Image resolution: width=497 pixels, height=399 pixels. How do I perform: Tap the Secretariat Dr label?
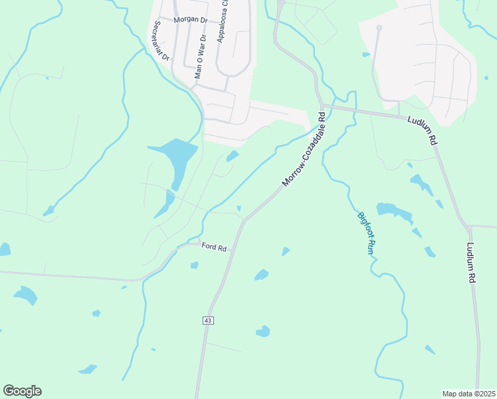[161, 41]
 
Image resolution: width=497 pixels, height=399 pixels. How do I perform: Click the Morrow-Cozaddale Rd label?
[304, 148]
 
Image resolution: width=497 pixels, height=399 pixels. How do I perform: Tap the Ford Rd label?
[214, 248]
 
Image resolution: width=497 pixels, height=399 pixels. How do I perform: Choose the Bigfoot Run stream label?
[366, 233]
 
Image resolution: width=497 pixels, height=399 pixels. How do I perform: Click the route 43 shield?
[208, 321]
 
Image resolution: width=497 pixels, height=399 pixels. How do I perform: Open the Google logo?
[22, 391]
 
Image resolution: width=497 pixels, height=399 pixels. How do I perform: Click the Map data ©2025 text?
[468, 393]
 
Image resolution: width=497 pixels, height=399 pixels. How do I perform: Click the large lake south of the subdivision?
[176, 157]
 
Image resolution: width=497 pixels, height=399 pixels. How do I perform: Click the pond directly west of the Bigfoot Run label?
[262, 274]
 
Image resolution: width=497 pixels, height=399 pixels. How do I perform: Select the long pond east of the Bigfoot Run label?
[393, 211]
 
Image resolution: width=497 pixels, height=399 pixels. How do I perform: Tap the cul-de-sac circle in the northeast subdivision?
[379, 28]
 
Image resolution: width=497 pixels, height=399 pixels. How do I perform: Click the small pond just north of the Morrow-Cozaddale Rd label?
[233, 156]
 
